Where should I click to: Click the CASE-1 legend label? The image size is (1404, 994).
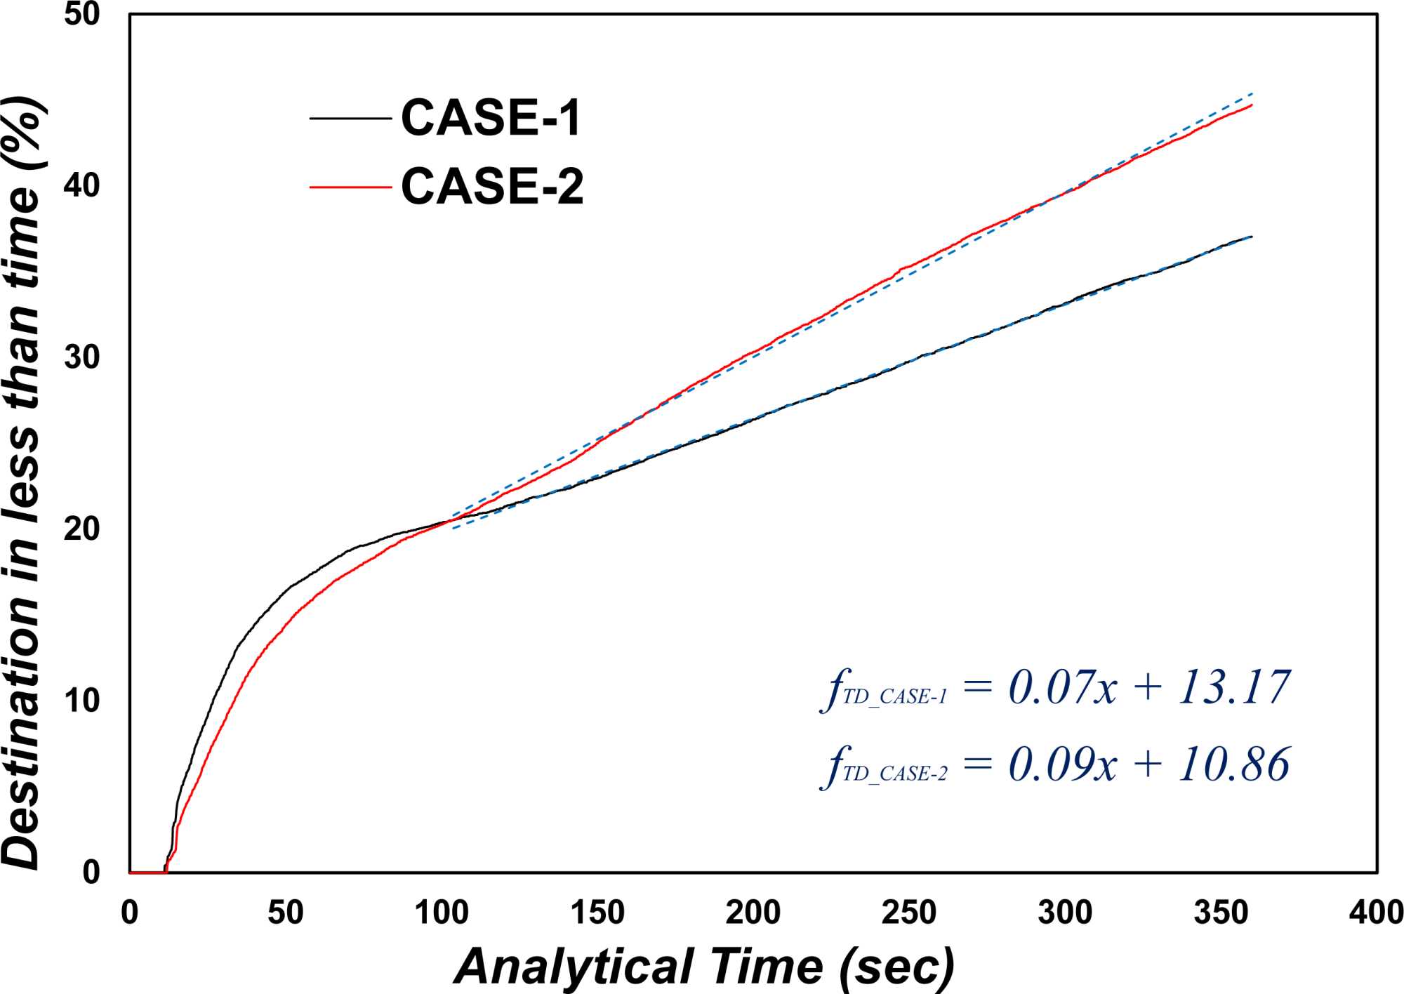coord(491,118)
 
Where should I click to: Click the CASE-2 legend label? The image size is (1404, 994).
coord(492,187)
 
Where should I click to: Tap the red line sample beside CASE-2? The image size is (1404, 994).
coord(350,187)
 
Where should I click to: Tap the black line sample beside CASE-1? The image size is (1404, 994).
coord(350,119)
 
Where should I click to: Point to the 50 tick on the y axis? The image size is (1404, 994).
coord(81,14)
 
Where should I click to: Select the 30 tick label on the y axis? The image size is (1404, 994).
coord(81,357)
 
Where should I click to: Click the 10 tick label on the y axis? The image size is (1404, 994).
coord(81,701)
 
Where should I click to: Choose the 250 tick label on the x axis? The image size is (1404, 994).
coord(908,913)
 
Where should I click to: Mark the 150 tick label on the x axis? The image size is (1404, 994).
coord(597,913)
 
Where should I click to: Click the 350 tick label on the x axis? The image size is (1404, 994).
coord(1221,913)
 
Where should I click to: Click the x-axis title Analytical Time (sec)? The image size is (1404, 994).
coord(704,967)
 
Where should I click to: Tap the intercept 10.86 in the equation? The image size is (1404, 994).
coord(1234,764)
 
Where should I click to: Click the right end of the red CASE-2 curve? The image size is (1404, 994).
coord(1252,105)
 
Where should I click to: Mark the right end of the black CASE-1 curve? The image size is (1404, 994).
coord(1252,237)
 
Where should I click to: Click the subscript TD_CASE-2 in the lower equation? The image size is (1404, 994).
coord(895,774)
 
